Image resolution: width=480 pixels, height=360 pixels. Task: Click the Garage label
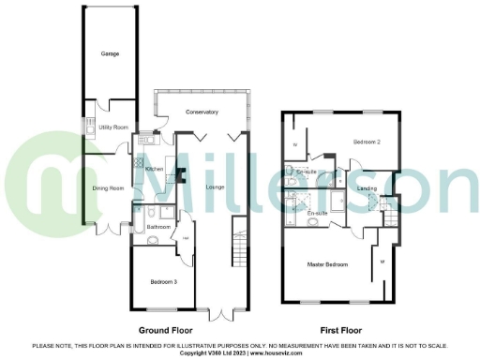110,55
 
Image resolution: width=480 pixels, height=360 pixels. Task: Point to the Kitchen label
156,169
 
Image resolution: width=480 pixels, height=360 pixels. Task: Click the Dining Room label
108,188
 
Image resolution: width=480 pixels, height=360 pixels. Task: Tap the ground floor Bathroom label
158,227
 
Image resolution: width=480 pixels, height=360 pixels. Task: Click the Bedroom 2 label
366,142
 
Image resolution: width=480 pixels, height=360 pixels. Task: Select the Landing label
367,189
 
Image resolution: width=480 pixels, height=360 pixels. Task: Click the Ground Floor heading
166,331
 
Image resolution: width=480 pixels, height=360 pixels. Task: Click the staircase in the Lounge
236,251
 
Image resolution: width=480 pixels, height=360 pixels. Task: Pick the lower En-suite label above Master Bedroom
317,214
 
